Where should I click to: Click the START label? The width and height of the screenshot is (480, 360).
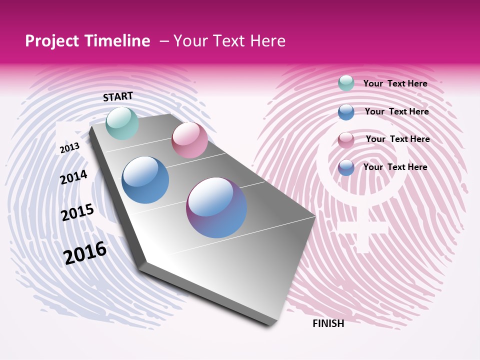click(x=118, y=96)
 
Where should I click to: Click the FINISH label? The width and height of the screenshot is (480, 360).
click(x=328, y=323)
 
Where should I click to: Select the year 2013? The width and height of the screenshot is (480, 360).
click(x=69, y=147)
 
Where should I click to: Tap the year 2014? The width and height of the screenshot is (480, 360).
click(x=73, y=177)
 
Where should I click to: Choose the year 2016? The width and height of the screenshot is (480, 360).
click(x=85, y=252)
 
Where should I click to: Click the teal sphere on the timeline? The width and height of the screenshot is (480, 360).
click(x=122, y=123)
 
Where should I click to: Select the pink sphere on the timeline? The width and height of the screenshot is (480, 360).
click(x=189, y=140)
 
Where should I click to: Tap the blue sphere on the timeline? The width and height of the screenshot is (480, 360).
click(x=145, y=180)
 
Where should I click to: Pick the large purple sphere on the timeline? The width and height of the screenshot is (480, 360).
click(x=216, y=207)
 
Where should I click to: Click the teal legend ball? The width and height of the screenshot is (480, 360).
click(x=346, y=83)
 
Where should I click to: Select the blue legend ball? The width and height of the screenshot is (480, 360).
click(x=346, y=112)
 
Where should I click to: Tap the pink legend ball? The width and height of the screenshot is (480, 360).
click(x=346, y=140)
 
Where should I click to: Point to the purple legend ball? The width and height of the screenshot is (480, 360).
click(x=346, y=167)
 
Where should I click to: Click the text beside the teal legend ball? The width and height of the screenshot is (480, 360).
click(x=395, y=83)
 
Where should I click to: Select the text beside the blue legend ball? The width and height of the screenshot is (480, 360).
click(x=396, y=111)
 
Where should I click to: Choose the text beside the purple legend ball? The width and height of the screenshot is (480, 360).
click(x=395, y=167)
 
